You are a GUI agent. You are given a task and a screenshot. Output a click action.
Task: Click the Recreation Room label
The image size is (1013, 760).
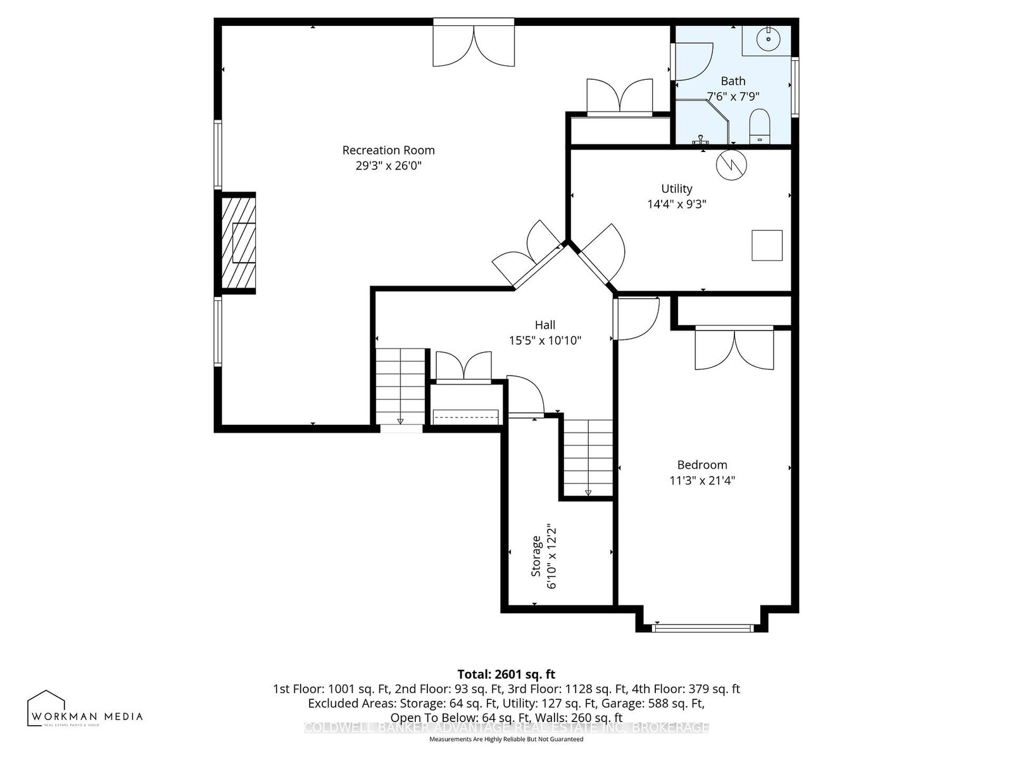388,150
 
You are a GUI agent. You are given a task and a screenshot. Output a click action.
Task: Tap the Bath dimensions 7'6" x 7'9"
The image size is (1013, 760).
733,97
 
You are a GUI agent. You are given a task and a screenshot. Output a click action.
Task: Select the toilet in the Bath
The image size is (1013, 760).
758,126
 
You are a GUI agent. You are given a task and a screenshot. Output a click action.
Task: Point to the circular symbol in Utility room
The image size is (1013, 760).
731,165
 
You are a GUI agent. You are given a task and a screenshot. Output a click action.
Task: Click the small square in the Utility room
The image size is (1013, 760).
767,245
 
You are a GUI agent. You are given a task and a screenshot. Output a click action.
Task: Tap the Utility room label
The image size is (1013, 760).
676,189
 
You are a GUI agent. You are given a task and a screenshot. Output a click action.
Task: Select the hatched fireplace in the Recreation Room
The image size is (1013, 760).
238,243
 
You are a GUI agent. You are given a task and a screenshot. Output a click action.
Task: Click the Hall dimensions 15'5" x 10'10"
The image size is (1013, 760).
545,341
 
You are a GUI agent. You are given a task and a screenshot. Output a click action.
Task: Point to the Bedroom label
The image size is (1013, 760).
702,465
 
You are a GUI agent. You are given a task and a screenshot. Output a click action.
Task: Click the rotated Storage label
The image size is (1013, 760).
536,556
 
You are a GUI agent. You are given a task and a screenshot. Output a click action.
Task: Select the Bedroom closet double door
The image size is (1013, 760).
734,348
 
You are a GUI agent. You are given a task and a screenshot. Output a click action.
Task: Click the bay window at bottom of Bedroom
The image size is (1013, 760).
702,628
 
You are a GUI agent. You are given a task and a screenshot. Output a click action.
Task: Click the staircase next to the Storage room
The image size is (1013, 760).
588,457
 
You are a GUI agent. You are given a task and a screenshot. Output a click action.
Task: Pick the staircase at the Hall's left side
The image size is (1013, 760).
400,386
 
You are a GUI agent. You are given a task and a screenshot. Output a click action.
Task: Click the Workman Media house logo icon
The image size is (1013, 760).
46,707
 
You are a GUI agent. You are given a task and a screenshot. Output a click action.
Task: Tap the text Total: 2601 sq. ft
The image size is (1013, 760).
506,674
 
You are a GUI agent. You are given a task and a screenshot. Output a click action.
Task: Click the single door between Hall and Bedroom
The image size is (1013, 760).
635,319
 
